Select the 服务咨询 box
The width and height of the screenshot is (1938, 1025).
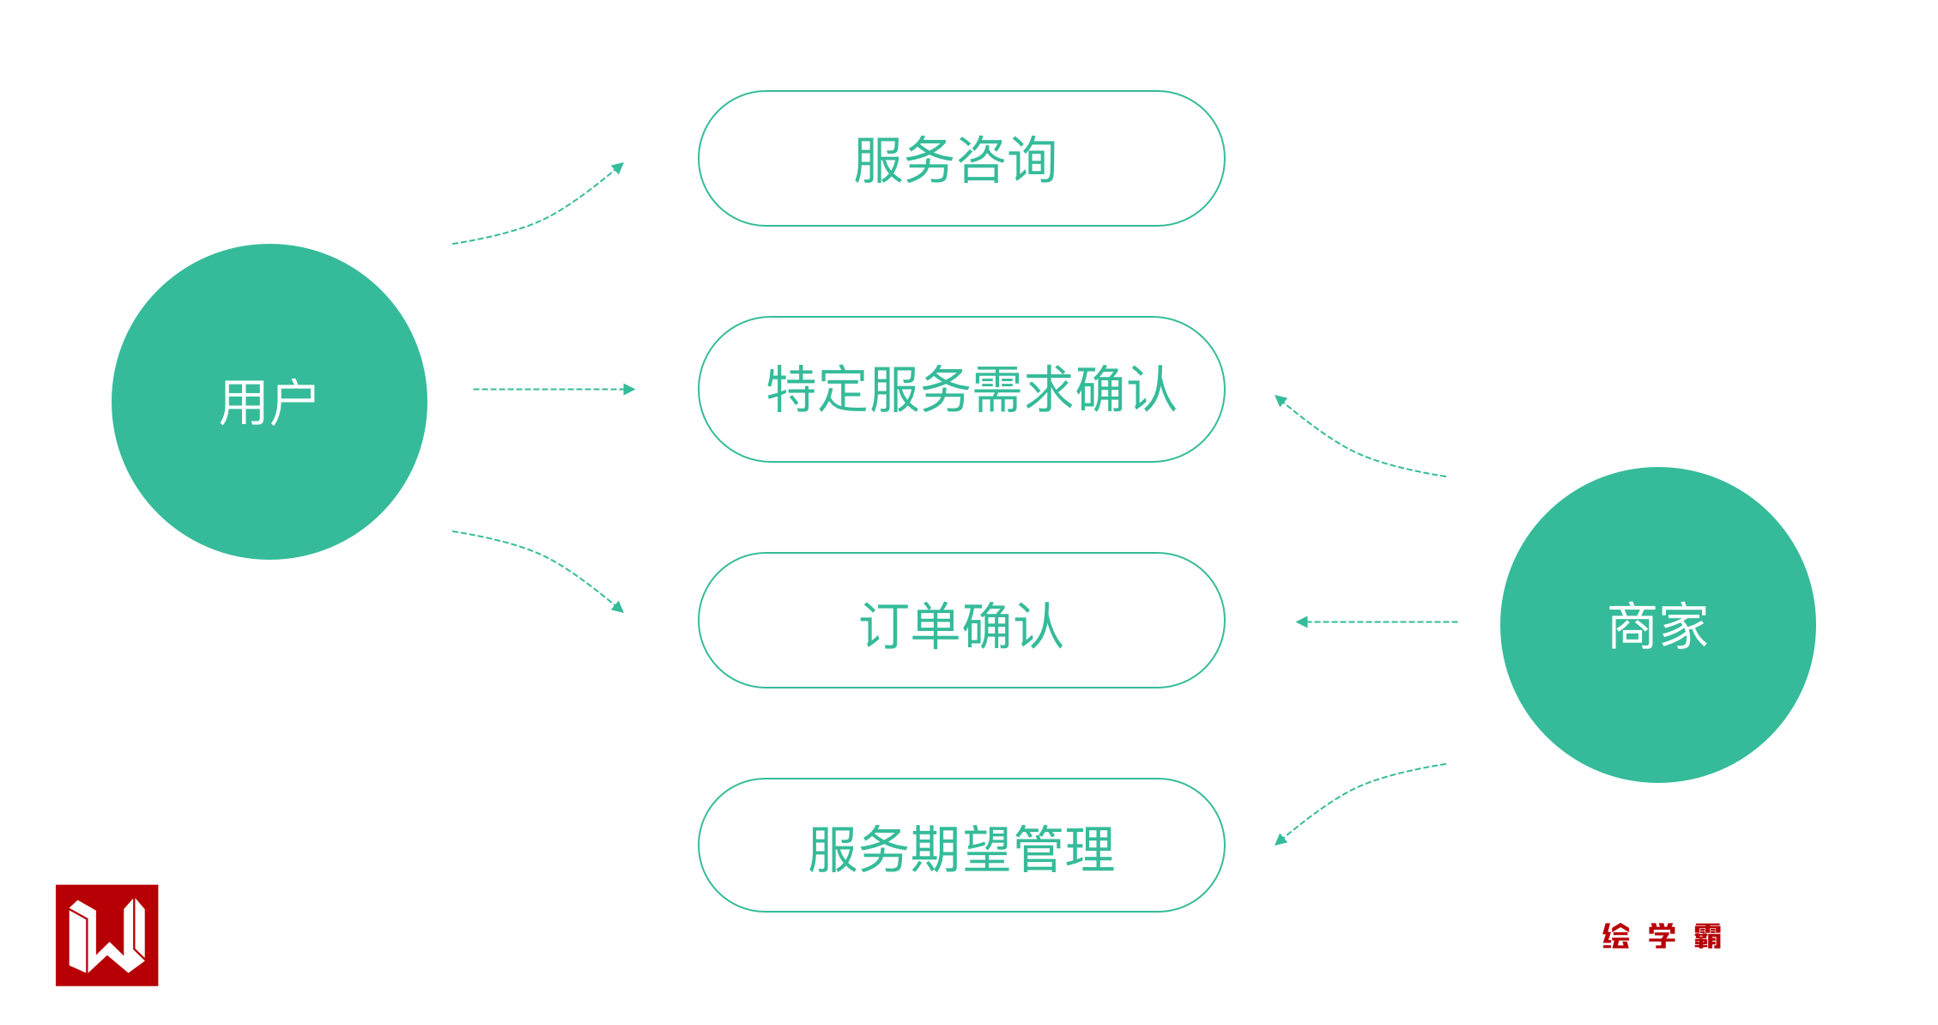961,159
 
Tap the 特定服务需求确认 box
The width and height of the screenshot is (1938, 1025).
961,390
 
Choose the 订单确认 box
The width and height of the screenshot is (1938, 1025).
961,621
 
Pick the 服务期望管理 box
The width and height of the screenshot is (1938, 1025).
961,846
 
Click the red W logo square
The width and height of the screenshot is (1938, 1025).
107,935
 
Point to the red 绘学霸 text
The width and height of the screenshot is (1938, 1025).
1661,936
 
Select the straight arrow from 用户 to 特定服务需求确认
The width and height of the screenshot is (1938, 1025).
554,390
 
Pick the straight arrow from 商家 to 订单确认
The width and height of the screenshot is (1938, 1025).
1377,622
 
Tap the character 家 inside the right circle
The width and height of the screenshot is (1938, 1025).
1684,626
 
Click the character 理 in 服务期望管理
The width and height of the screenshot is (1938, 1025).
1089,849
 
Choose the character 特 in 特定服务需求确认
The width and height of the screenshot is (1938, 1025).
791,390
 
